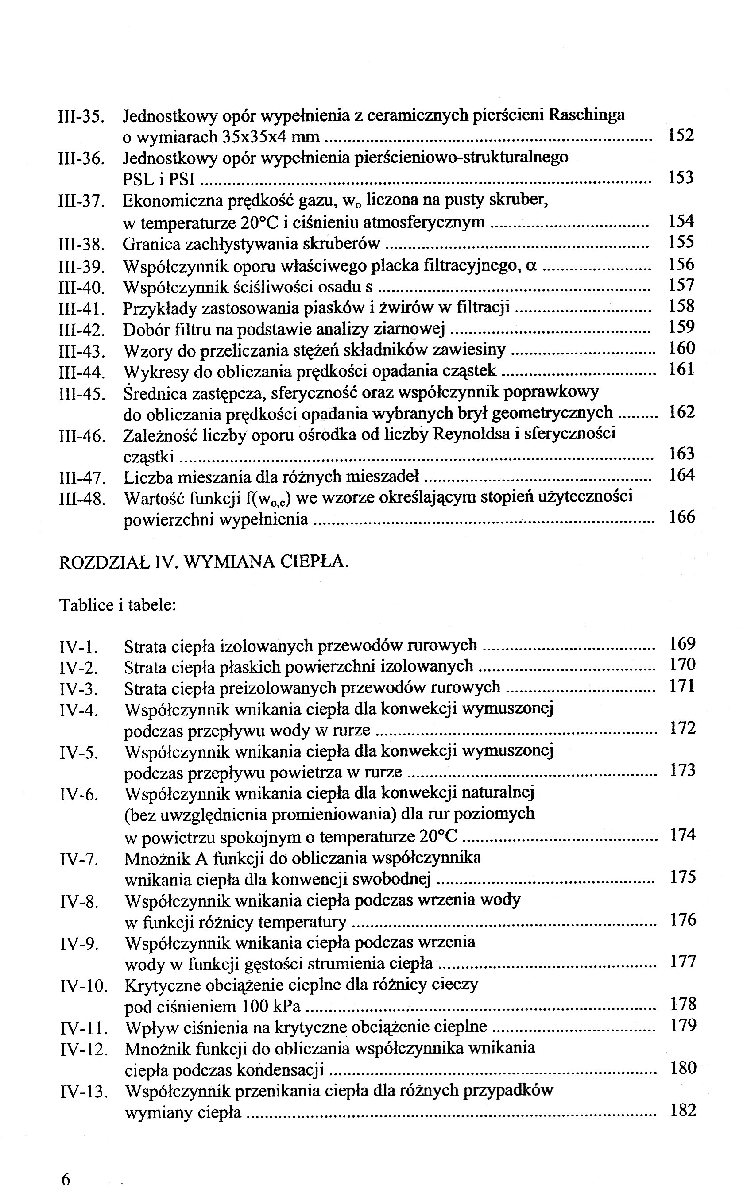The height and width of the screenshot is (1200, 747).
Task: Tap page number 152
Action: click(681, 135)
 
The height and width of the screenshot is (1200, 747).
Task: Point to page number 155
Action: click(681, 242)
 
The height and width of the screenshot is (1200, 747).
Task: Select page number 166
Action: click(682, 517)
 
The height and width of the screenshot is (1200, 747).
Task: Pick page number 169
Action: click(682, 644)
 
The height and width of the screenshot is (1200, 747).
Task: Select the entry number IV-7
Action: click(80, 859)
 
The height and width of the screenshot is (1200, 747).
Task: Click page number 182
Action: click(683, 1110)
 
